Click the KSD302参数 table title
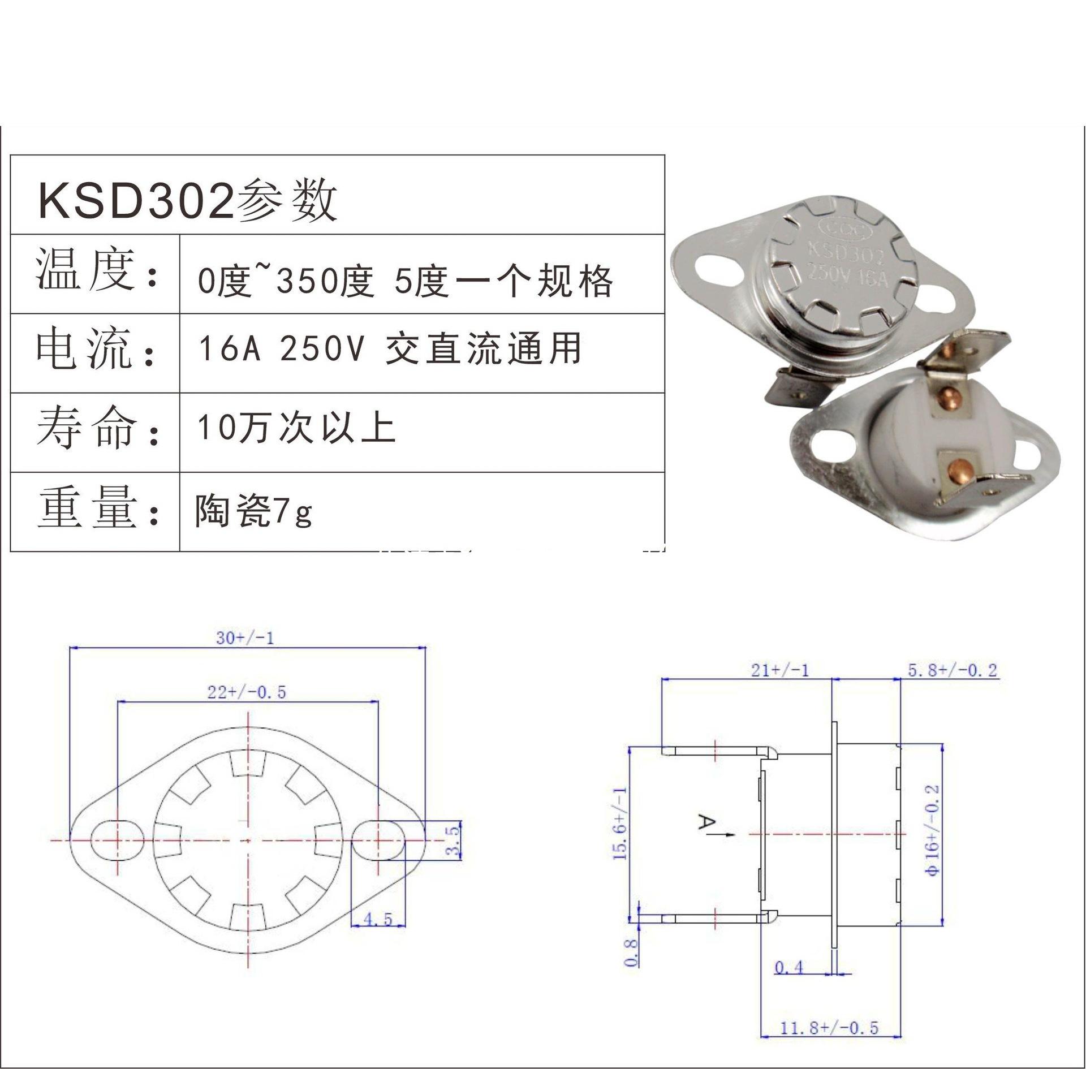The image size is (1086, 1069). click(188, 201)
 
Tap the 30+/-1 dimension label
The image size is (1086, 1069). click(245, 638)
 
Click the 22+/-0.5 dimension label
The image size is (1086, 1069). click(247, 692)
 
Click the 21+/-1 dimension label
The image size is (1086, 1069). click(779, 670)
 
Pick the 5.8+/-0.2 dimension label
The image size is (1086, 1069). click(953, 670)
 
